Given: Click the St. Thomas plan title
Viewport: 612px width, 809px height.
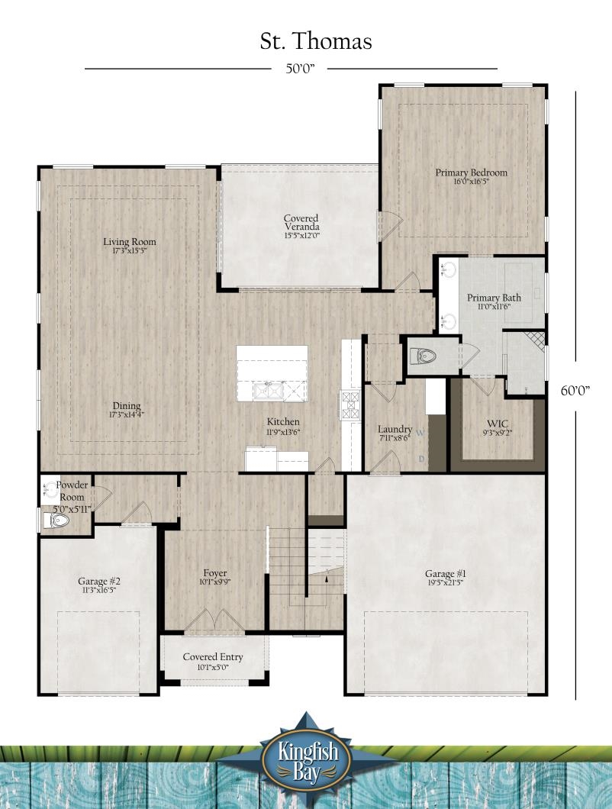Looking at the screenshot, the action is pyautogui.click(x=316, y=41).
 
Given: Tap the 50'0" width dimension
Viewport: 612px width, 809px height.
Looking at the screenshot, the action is pyautogui.click(x=300, y=69).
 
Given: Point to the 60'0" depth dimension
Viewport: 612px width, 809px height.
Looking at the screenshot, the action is pyautogui.click(x=575, y=391).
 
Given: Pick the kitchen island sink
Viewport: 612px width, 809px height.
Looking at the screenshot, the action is pyautogui.click(x=269, y=391).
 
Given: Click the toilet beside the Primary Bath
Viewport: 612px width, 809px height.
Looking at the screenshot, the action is pyautogui.click(x=424, y=356).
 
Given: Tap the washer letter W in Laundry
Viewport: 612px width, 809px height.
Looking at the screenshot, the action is pyautogui.click(x=420, y=433).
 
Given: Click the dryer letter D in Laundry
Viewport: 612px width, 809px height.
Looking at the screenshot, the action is pyautogui.click(x=421, y=459).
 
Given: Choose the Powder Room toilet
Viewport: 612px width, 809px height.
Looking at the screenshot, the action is pyautogui.click(x=56, y=520).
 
